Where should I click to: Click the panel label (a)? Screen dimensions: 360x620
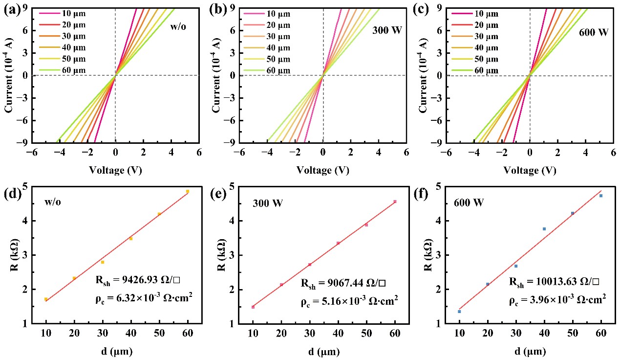pyautogui.click(x=10, y=8)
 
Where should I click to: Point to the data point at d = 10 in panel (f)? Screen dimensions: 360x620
pyautogui.click(x=459, y=311)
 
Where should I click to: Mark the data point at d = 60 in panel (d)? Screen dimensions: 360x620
pyautogui.click(x=188, y=191)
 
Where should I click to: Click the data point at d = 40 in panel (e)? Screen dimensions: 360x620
pyautogui.click(x=338, y=243)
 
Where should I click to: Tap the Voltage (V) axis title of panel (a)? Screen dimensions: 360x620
pyautogui.click(x=115, y=170)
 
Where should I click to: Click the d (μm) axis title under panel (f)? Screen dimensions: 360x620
pyautogui.click(x=530, y=351)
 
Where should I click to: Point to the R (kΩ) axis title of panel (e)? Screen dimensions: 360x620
pyautogui.click(x=220, y=255)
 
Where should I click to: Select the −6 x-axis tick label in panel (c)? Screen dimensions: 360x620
pyautogui.click(x=446, y=153)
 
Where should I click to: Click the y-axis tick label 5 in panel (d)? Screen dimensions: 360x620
pyautogui.click(x=24, y=186)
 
